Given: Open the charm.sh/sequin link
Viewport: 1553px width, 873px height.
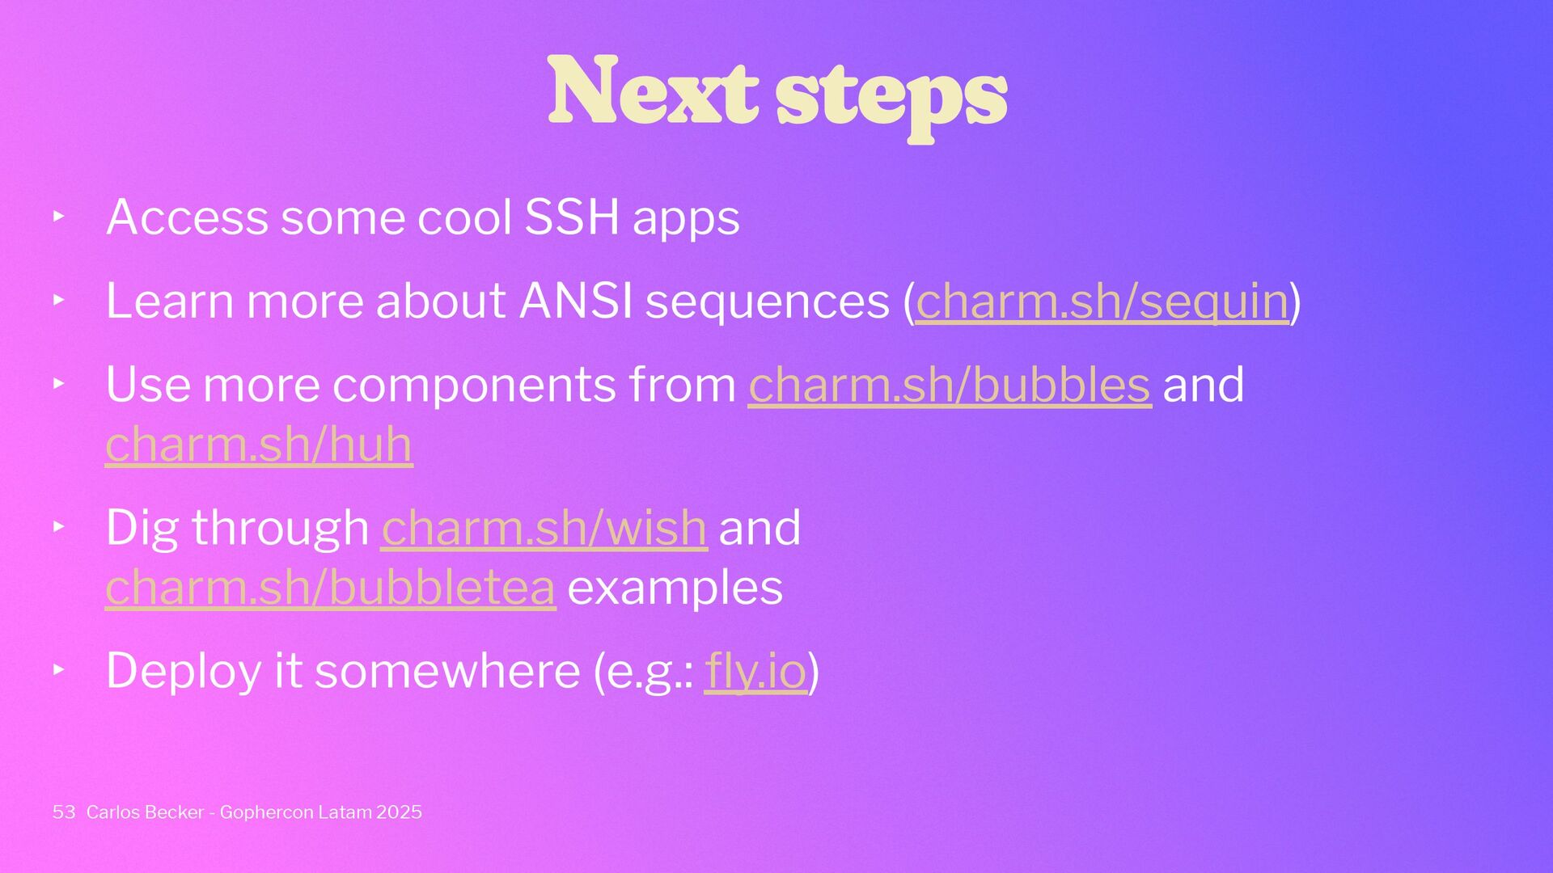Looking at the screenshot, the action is [x=1102, y=302].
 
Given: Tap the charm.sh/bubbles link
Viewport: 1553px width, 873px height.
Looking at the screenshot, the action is [x=950, y=385].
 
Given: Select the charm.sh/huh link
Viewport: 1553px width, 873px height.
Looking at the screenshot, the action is [x=259, y=445].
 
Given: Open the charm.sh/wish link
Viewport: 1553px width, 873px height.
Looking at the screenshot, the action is [x=544, y=528].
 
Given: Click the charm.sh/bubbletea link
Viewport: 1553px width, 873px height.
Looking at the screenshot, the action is [x=331, y=588].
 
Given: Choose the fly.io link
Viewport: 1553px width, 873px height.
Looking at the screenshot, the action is [x=756, y=672].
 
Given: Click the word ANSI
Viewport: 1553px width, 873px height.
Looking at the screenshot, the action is [x=576, y=301].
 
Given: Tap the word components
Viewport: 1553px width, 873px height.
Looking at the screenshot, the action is [x=474, y=386].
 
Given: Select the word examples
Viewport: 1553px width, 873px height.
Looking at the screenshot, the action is [x=675, y=588].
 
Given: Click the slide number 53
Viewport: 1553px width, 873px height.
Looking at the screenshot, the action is [x=64, y=812].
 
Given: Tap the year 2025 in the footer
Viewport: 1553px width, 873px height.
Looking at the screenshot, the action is [x=399, y=812].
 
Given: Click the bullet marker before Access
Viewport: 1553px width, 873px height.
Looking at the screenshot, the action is [x=58, y=217].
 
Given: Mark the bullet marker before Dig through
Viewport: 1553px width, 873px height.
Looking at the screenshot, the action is [x=58, y=527].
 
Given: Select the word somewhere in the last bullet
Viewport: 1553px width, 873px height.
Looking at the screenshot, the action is [x=447, y=673].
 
